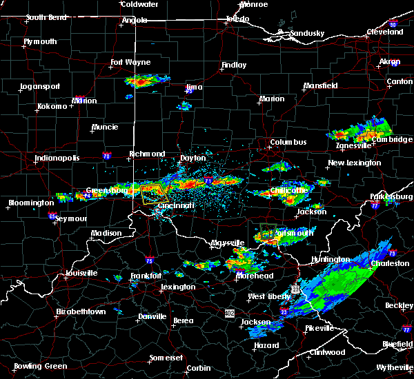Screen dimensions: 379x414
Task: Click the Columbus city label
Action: pyautogui.click(x=288, y=143)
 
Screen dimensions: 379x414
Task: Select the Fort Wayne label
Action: pyautogui.click(x=130, y=63)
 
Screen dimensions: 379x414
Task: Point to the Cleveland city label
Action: pyautogui.click(x=384, y=32)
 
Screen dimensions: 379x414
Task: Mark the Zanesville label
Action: pyautogui.click(x=353, y=146)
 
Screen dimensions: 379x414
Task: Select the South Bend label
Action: pyautogui.click(x=45, y=18)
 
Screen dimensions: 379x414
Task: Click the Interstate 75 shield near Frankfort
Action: pyautogui.click(x=149, y=260)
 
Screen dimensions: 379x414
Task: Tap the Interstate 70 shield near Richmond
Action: pyautogui.click(x=106, y=156)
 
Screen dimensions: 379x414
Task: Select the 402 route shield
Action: pyautogui.click(x=228, y=313)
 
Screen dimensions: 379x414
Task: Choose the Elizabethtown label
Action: pyautogui.click(x=79, y=311)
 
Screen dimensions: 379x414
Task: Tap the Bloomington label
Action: pyautogui.click(x=30, y=203)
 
